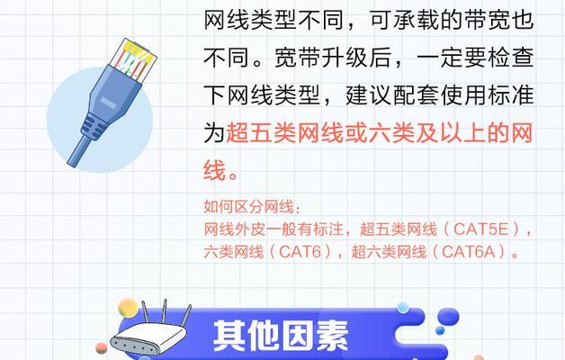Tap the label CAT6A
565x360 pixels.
point(469,251)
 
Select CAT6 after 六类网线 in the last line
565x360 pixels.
point(300,251)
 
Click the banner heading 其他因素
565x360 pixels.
point(281,336)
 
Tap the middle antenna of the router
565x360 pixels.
point(165,311)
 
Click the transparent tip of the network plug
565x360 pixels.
point(134,58)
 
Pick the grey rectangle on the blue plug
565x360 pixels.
point(108,103)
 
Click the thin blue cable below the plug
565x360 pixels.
point(80,150)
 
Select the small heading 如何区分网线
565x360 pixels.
point(249,207)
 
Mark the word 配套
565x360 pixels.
point(416,95)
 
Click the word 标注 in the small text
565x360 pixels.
point(327,229)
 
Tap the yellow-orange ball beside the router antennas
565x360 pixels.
point(129,308)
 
